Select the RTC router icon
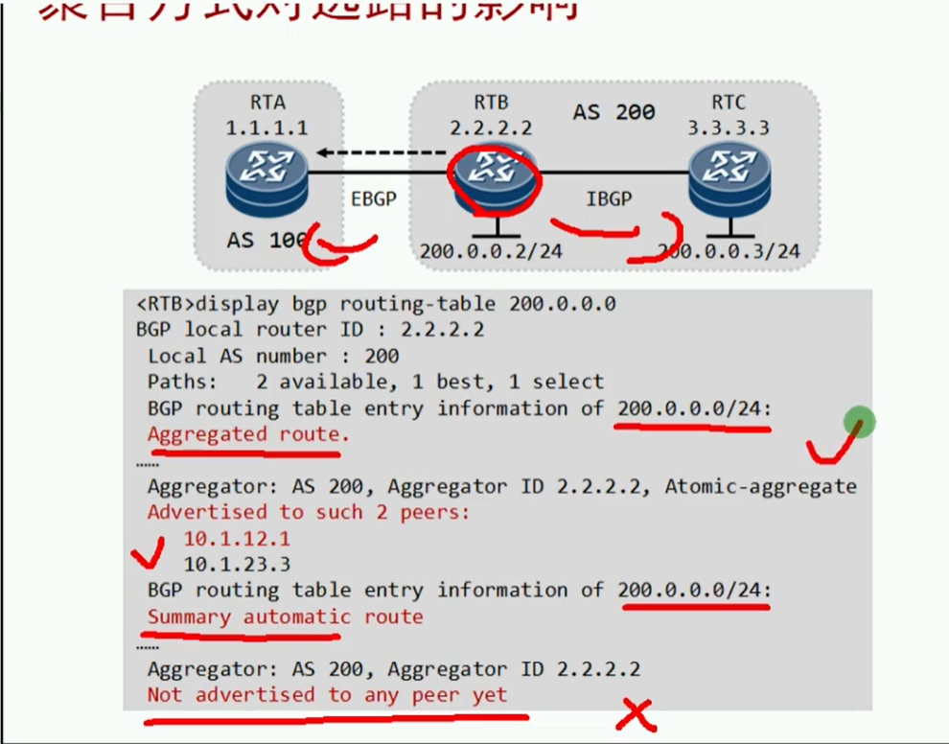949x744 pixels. coord(728,179)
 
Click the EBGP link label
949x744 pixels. coord(374,198)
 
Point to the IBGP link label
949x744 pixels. coord(609,198)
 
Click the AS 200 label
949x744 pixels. coord(613,112)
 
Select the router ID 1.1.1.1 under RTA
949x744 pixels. coord(267,127)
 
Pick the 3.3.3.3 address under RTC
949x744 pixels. coord(728,127)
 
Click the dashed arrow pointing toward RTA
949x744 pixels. coord(383,151)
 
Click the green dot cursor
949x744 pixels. coord(860,422)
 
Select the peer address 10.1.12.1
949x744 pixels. coord(237,539)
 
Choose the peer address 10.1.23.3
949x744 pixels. coord(237,565)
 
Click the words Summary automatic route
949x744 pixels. coord(285,616)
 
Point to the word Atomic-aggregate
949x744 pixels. coord(760,486)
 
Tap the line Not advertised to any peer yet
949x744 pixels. coord(327,694)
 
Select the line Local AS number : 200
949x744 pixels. coord(273,356)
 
